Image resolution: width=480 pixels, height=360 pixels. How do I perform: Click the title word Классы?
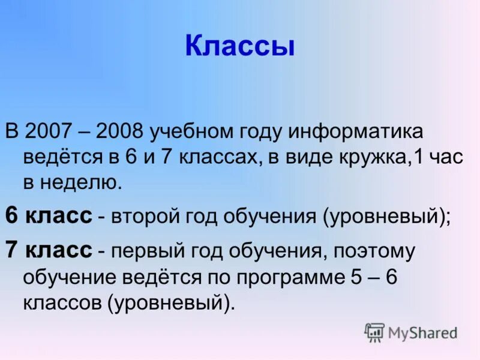(240, 47)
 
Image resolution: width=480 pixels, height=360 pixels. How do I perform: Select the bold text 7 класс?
(49, 250)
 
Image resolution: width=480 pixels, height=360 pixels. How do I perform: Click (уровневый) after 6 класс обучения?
(384, 217)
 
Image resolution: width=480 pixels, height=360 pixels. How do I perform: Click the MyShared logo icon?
(374, 332)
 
